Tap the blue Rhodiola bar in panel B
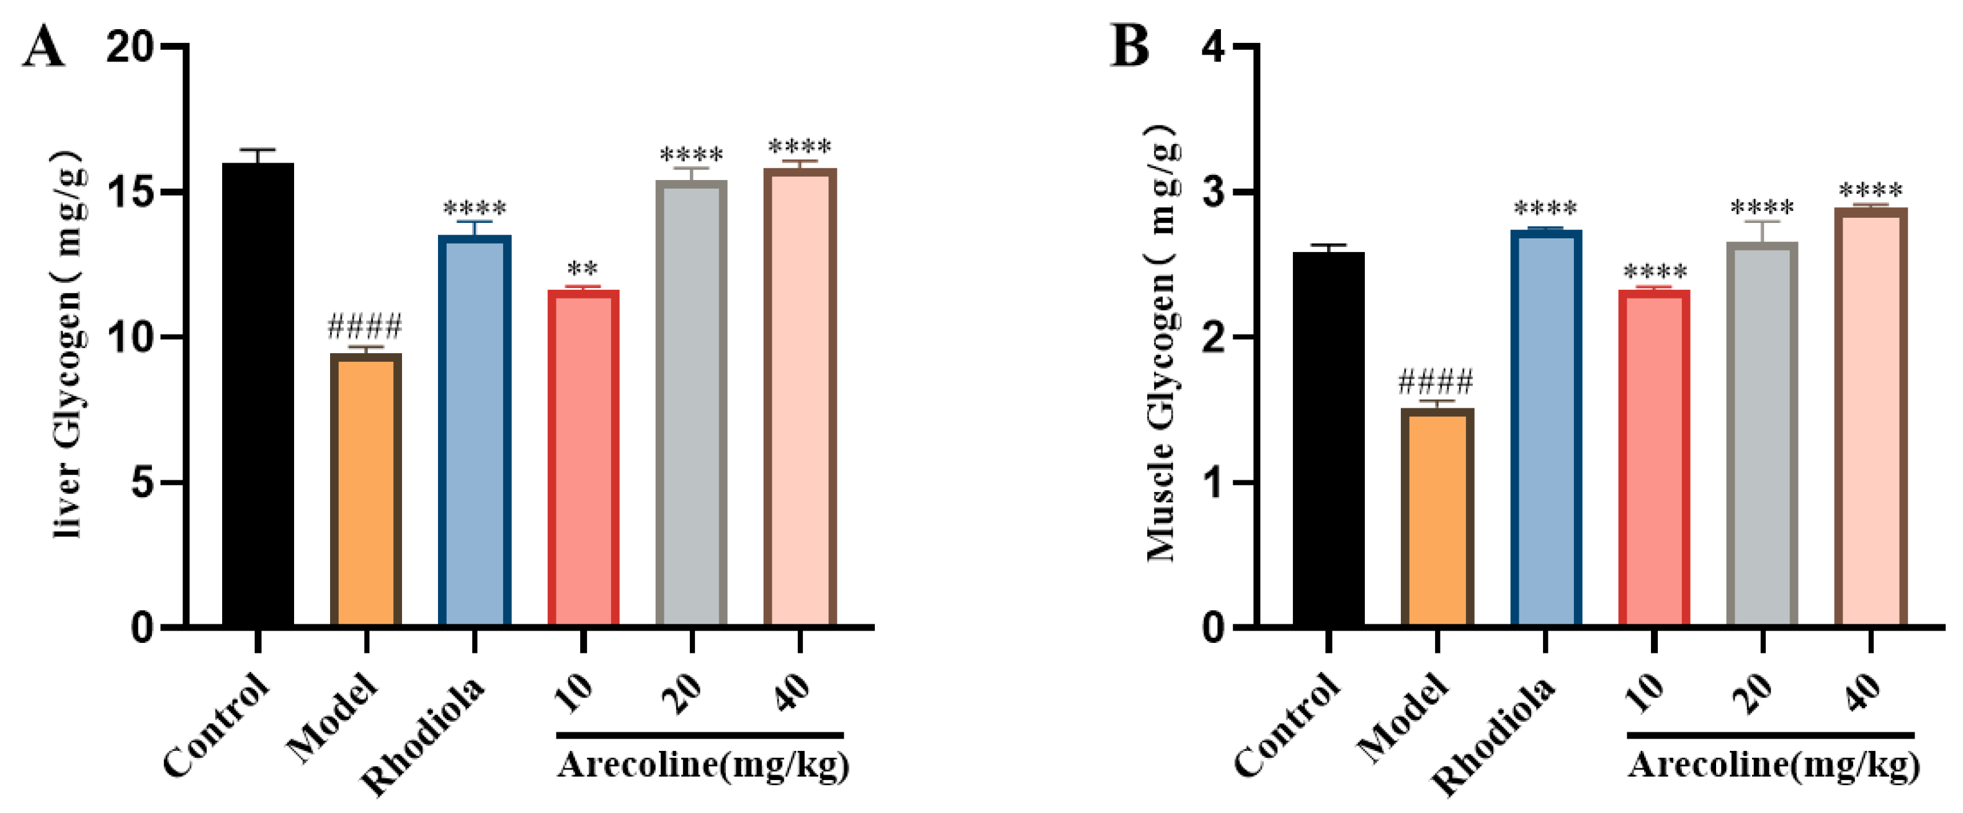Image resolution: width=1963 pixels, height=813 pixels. [1545, 428]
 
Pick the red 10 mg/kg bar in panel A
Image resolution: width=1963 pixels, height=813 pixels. [583, 458]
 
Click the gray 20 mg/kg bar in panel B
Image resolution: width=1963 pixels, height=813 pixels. [1762, 434]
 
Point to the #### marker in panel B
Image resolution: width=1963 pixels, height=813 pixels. [1436, 380]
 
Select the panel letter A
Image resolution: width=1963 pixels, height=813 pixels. [43, 47]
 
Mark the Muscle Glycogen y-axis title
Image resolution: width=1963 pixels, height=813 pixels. [1161, 343]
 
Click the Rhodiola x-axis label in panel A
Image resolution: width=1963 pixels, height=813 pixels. [423, 736]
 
